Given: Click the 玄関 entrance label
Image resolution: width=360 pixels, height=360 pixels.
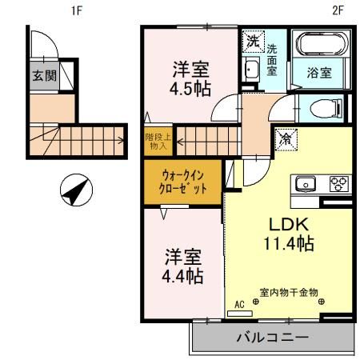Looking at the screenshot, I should click(44, 78).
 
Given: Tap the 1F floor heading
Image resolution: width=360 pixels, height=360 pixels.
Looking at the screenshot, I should click(77, 10).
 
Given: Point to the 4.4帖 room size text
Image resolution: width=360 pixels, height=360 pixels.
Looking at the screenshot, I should click(183, 276).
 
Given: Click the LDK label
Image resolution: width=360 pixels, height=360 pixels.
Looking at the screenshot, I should click(285, 225).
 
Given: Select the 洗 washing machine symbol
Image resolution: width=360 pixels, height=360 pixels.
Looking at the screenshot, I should click(252, 40).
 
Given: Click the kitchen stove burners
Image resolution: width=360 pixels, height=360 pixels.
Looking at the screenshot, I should click(337, 184).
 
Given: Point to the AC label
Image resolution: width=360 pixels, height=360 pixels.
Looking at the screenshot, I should click(238, 304).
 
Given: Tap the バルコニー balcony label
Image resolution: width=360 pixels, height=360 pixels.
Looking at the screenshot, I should click(271, 338).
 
